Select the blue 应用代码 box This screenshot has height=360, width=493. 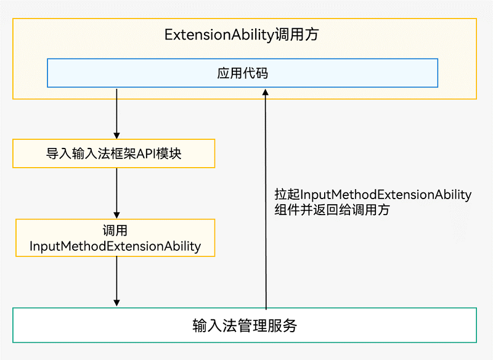(x=243, y=73)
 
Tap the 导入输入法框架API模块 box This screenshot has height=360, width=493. (x=114, y=153)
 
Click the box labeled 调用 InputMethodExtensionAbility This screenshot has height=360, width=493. (x=115, y=238)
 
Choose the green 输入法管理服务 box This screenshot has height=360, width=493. (x=244, y=325)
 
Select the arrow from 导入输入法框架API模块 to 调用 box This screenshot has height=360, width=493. (x=116, y=192)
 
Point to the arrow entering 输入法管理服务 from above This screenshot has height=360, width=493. (x=116, y=280)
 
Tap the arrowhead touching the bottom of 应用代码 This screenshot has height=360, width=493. (x=266, y=91)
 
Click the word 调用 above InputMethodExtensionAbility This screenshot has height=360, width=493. (x=115, y=231)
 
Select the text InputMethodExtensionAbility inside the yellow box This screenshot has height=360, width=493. (x=115, y=246)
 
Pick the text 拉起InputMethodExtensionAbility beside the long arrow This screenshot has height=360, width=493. (x=373, y=195)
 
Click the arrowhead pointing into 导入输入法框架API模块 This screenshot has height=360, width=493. (x=116, y=135)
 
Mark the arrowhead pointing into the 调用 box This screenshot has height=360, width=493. (x=116, y=215)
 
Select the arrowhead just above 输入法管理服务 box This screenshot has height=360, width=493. (x=116, y=302)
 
